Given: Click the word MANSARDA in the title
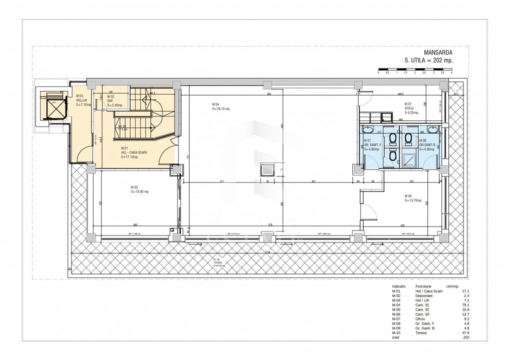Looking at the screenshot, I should point(438,52).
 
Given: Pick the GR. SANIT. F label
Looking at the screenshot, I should point(373,145).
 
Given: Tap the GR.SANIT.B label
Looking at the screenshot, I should point(428,145).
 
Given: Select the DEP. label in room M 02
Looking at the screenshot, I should point(110,101).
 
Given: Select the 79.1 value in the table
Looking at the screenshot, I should point(465,304).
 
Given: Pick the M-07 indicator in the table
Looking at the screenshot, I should point(396,318).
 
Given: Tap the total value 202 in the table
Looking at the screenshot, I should point(466,337).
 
